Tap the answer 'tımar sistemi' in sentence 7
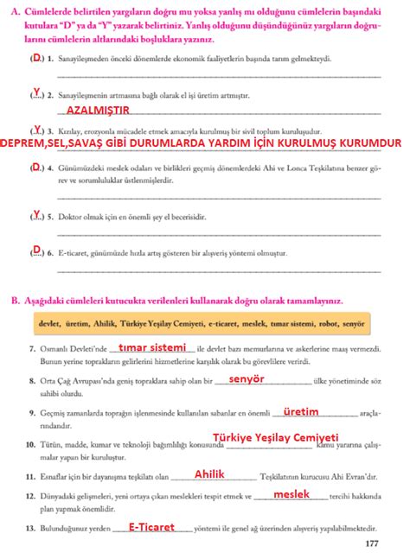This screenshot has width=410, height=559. click(153, 347)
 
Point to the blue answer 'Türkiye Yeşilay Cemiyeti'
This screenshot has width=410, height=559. click(274, 438)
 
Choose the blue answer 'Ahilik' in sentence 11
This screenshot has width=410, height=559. click(210, 474)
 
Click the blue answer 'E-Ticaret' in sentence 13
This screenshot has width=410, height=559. click(151, 526)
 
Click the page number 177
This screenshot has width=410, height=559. click(373, 543)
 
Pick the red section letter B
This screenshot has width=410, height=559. click(14, 300)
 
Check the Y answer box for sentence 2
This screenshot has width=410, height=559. click(37, 91)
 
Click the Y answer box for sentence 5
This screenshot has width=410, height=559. click(37, 213)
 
